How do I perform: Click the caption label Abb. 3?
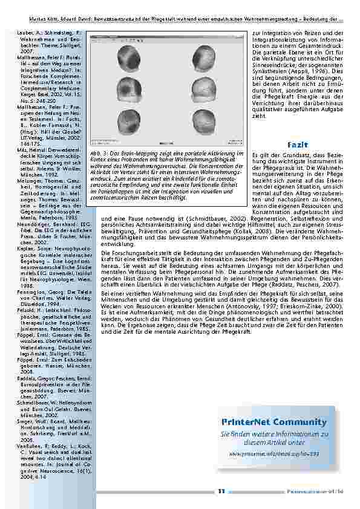coord(100,154)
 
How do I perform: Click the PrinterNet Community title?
coord(274,422)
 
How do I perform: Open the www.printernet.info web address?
coord(273,453)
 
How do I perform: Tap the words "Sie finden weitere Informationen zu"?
coord(274,434)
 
